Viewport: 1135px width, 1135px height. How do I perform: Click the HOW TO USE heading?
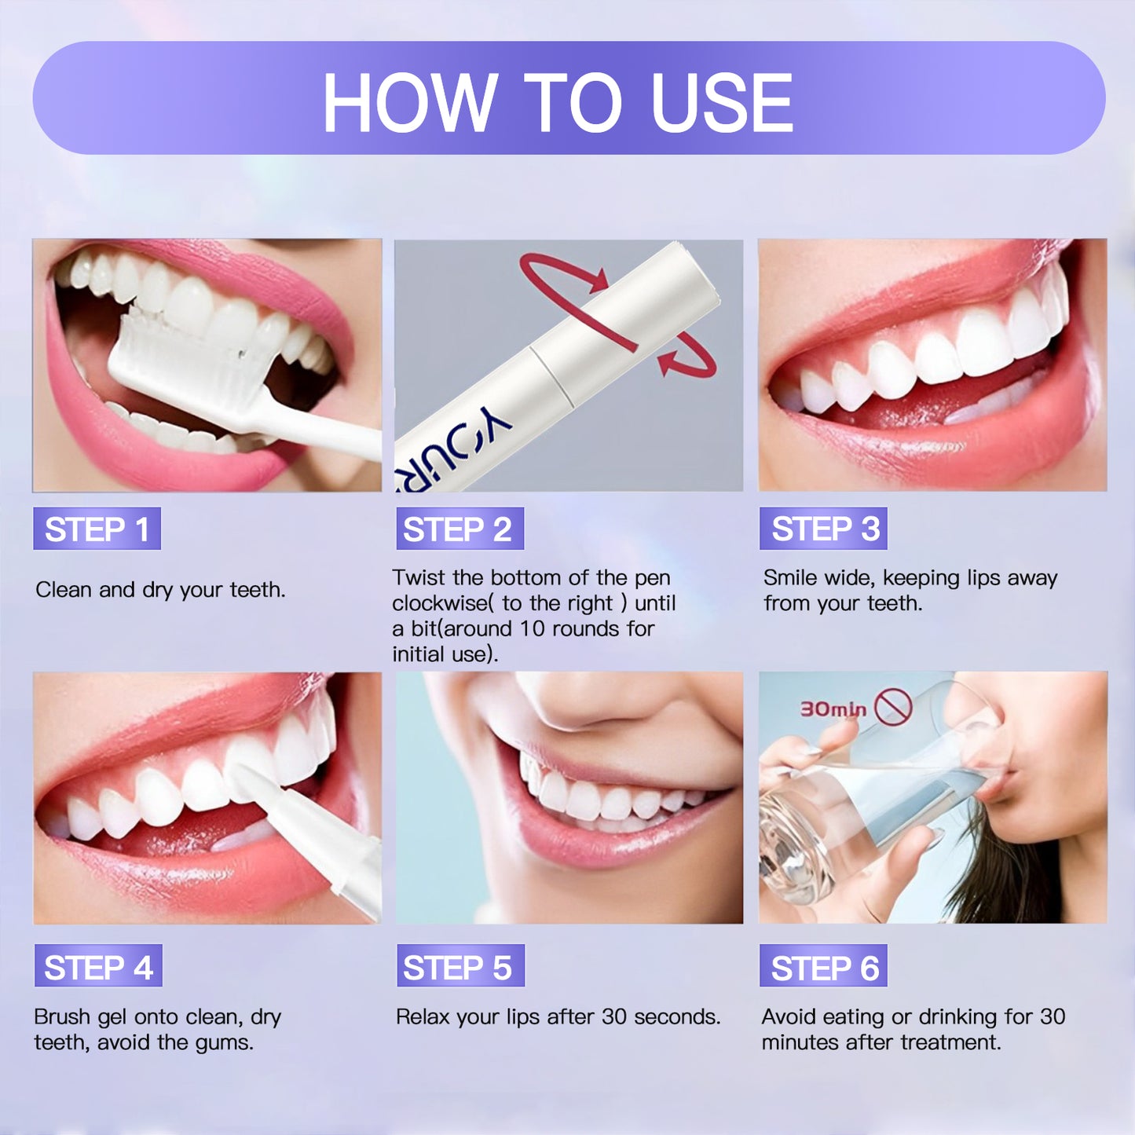[x=557, y=102]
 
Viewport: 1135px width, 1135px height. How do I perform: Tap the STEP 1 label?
[x=97, y=529]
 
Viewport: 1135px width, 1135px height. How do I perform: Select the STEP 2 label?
[x=460, y=529]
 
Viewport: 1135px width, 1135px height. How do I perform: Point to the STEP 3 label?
[x=823, y=529]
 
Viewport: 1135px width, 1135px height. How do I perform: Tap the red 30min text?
[x=833, y=709]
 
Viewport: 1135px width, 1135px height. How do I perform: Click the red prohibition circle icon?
[x=894, y=706]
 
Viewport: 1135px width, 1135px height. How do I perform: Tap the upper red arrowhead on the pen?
[x=599, y=280]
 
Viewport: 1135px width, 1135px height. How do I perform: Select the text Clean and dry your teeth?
[x=160, y=590]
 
